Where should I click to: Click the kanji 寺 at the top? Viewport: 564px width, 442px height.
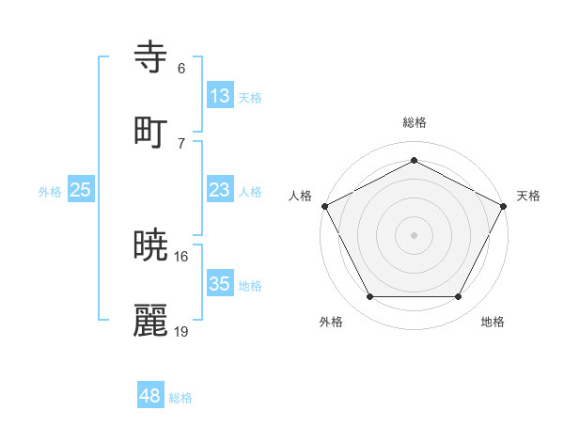pyautogui.click(x=151, y=58)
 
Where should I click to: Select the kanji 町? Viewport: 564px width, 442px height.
pyautogui.click(x=151, y=131)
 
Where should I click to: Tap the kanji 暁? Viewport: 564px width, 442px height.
pyautogui.click(x=151, y=246)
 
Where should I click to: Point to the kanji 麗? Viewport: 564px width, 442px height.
pyautogui.click(x=151, y=320)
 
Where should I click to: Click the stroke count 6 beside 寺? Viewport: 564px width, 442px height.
pyautogui.click(x=181, y=69)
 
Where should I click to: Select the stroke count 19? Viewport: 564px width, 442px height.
pyautogui.click(x=181, y=331)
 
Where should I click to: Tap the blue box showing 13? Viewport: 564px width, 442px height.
pyautogui.click(x=219, y=96)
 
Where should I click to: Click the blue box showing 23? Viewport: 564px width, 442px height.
pyautogui.click(x=219, y=190)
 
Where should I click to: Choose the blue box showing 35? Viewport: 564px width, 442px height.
pyautogui.click(x=219, y=284)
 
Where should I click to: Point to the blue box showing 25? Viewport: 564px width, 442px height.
pyautogui.click(x=81, y=190)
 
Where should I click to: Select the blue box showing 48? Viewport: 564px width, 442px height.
pyautogui.click(x=150, y=396)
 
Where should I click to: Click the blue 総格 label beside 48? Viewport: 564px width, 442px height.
pyautogui.click(x=180, y=398)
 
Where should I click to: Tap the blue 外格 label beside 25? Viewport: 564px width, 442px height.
pyautogui.click(x=50, y=192)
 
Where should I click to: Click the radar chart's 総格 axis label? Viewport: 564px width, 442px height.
pyautogui.click(x=414, y=122)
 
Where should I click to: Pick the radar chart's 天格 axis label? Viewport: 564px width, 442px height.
pyautogui.click(x=528, y=196)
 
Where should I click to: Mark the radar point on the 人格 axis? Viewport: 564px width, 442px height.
pyautogui.click(x=324, y=205)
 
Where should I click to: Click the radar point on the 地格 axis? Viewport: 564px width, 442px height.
pyautogui.click(x=458, y=297)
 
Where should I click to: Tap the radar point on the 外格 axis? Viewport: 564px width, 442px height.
pyautogui.click(x=369, y=297)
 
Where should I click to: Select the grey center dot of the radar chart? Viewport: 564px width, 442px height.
pyautogui.click(x=414, y=234)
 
